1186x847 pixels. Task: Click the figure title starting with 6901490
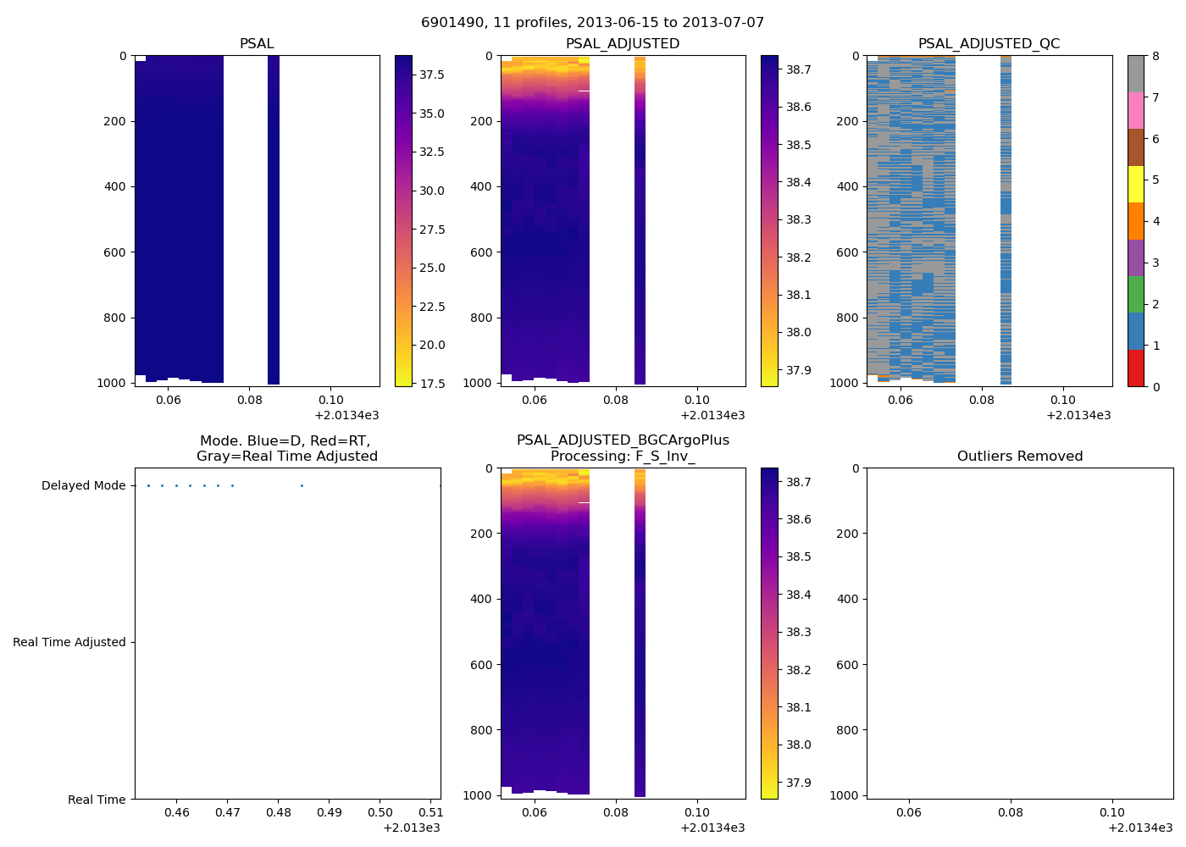[x=593, y=23]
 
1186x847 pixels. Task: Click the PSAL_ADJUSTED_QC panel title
[x=989, y=44]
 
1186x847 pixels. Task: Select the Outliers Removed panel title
[x=1020, y=457]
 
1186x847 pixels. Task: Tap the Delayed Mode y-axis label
[x=83, y=486]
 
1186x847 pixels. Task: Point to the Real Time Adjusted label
[x=69, y=643]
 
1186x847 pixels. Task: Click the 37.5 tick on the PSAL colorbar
[x=432, y=75]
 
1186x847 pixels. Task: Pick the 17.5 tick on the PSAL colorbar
[x=432, y=384]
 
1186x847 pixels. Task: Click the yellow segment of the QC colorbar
[x=1135, y=184]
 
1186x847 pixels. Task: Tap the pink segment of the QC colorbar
[x=1135, y=110]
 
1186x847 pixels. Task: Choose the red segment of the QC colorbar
[x=1135, y=368]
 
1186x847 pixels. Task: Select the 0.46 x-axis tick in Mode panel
[x=176, y=813]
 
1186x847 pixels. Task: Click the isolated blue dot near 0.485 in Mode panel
[x=302, y=486]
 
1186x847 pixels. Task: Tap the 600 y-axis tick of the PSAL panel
[x=117, y=252]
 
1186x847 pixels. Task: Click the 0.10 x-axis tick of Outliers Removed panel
[x=1112, y=813]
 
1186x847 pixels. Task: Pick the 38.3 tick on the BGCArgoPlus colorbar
[x=798, y=633]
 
